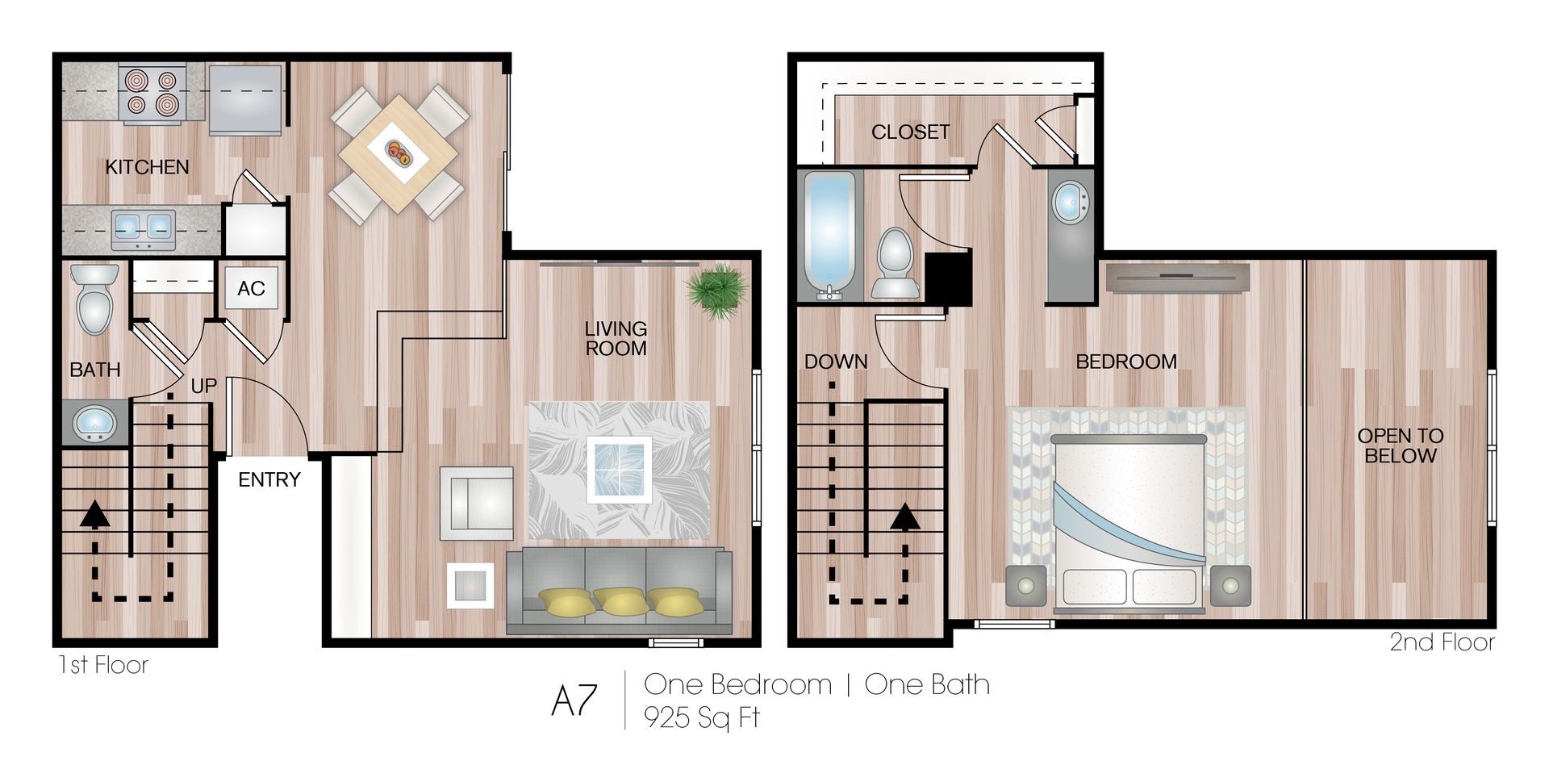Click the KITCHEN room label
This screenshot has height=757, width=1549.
click(147, 167)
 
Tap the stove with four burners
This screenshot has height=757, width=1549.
click(152, 93)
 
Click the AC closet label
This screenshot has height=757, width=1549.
click(251, 289)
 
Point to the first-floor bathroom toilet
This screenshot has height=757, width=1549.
click(94, 300)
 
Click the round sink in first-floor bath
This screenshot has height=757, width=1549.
click(94, 422)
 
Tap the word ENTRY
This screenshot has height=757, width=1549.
click(269, 480)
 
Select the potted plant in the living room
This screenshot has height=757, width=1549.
click(716, 291)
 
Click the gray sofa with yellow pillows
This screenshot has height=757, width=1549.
click(619, 591)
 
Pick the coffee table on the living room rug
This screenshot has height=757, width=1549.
click(619, 469)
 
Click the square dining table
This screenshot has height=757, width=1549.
click(399, 153)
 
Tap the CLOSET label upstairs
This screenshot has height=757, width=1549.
click(910, 132)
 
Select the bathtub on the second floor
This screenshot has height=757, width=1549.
click(829, 234)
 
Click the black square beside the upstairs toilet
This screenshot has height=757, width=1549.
click(947, 278)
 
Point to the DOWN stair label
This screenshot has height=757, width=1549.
click(836, 362)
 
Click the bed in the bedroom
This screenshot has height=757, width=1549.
click(1128, 521)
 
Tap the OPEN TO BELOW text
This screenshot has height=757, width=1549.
click(1400, 445)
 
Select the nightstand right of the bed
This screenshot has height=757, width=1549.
click(1230, 586)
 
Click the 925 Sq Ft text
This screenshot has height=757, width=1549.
click(701, 717)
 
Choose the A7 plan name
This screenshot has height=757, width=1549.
click(574, 701)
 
